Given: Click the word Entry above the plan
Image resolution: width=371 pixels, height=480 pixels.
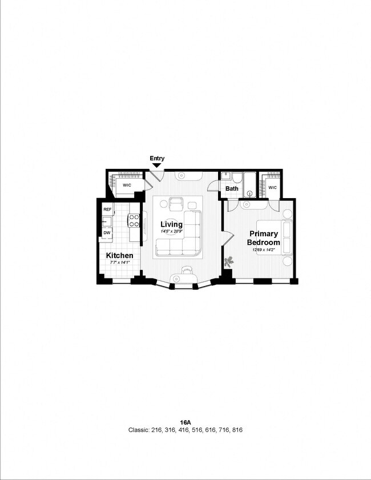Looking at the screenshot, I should click(x=157, y=158).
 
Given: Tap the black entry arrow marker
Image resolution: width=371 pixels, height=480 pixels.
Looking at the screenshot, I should click(x=156, y=166).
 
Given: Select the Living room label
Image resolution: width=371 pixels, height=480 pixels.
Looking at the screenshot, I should click(x=171, y=224).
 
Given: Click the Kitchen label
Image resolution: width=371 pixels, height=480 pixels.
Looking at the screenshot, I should click(x=120, y=255).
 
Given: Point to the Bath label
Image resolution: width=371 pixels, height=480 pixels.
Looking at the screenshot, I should click(x=232, y=188).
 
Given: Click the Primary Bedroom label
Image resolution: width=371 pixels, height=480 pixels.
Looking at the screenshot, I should click(x=263, y=238).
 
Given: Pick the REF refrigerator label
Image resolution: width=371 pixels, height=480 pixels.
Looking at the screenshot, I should click(x=107, y=210).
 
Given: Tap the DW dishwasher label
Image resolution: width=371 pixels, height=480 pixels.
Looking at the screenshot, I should click(x=107, y=233).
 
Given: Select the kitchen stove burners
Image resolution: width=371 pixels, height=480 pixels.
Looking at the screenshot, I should click(x=134, y=220).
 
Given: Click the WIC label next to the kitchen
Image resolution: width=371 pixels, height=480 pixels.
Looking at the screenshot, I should click(x=126, y=185).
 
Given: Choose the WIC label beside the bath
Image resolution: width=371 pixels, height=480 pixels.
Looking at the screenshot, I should click(x=272, y=187).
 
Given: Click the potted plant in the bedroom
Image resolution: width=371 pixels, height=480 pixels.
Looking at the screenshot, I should click(x=229, y=262).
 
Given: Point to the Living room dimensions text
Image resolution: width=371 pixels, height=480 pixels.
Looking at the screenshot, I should click(x=171, y=231).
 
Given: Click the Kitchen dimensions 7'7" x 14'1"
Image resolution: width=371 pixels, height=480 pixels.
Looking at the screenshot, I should click(x=120, y=263).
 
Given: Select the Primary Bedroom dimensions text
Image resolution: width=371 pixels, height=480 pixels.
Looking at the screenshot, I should click(x=263, y=249).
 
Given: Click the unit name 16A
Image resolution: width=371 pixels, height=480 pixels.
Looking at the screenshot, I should click(x=185, y=422).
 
